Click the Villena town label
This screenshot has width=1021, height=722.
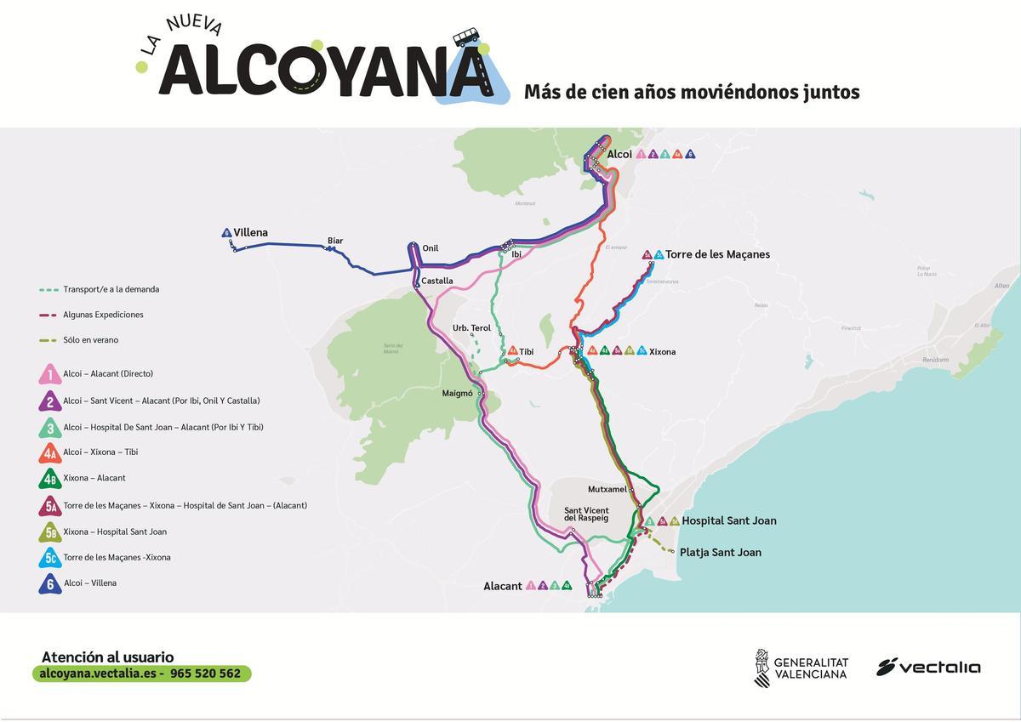(x=251, y=233)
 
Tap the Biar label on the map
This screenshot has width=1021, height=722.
(x=335, y=241)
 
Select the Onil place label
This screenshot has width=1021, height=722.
(x=431, y=248)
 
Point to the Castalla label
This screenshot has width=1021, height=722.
(x=437, y=281)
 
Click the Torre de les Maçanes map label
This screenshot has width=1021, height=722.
(x=717, y=254)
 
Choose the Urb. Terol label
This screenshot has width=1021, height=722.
(x=471, y=328)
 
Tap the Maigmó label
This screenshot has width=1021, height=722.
(x=457, y=394)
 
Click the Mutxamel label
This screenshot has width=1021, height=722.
(x=607, y=489)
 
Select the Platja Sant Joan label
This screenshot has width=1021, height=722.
(x=720, y=553)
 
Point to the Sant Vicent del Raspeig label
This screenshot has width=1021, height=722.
(x=586, y=514)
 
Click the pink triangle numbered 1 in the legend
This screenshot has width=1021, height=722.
(x=50, y=374)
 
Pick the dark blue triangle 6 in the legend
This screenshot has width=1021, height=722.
(x=50, y=584)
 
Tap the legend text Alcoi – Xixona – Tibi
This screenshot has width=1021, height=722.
(x=100, y=452)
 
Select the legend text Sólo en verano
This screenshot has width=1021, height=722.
(x=90, y=340)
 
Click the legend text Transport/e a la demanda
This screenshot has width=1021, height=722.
(x=111, y=289)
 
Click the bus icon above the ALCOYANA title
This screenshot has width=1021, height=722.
(x=465, y=37)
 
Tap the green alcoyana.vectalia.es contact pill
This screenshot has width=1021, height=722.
(x=142, y=674)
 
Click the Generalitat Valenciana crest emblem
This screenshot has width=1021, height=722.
(x=761, y=668)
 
